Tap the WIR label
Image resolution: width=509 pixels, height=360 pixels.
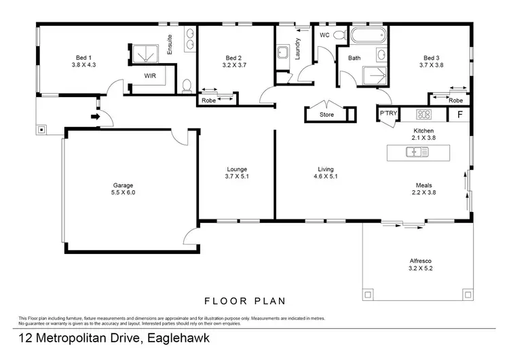pos(150,76)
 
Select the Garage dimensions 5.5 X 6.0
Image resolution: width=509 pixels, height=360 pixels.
pos(124,193)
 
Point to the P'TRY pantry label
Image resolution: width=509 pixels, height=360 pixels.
pos(388,113)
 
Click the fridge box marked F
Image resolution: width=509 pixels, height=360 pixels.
pos(459,114)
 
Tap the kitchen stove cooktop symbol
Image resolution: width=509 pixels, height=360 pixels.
pos(425,114)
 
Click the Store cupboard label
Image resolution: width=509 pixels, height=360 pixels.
pos(327,115)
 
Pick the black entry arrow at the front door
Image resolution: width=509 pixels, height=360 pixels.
pos(95,117)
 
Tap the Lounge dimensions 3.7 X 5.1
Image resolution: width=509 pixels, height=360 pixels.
pos(237,177)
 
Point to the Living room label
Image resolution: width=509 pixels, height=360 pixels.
pos(327,169)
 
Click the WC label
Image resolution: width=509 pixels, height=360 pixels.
pos(324,34)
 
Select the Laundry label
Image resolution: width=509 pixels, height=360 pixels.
pos(298,49)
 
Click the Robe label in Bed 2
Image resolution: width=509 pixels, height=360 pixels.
pos(208,101)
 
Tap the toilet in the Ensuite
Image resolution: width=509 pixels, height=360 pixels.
pos(187,84)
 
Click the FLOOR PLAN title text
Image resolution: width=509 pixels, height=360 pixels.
pos(245,300)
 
